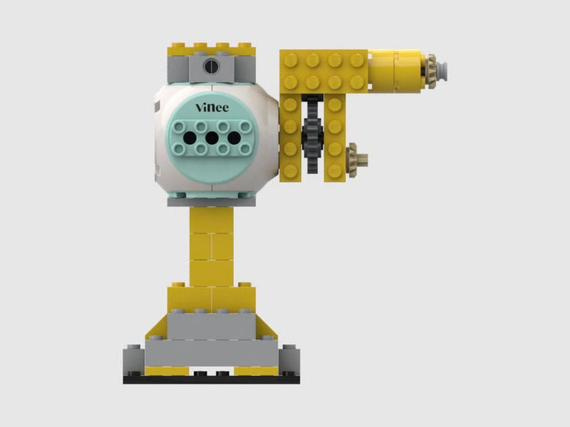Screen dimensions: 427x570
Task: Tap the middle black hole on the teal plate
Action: pos(212,137)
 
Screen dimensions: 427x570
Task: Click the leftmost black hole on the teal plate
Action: pos(189,137)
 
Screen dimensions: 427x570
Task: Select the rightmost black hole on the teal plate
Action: pos(234,137)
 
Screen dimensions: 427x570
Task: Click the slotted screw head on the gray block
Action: pos(211,68)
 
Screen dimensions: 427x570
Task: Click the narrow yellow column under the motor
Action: pos(211,246)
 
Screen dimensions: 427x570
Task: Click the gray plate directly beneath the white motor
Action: pos(212,202)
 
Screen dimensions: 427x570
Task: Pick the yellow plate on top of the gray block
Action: pos(211,50)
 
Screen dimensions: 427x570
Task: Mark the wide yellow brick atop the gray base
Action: pos(211,297)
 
